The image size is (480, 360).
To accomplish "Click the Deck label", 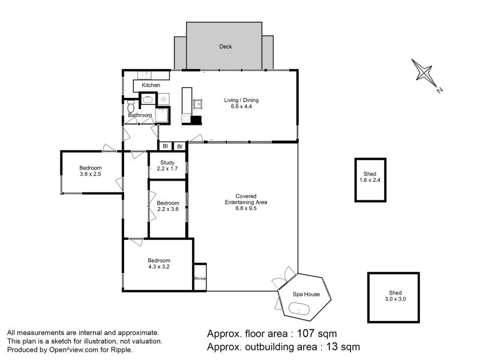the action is (x=226, y=47).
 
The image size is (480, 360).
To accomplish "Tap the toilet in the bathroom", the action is (x=131, y=106).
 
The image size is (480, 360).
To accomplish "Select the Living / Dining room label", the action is (x=241, y=100).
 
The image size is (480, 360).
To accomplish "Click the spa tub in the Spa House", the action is (x=299, y=308).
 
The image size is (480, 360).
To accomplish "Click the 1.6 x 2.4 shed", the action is (x=370, y=180).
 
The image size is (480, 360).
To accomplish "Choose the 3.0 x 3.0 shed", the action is (x=394, y=298).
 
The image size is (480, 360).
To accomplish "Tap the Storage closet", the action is (x=200, y=277).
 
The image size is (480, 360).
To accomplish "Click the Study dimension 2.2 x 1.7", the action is (x=167, y=169).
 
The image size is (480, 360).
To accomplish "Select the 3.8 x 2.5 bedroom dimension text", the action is (x=91, y=174).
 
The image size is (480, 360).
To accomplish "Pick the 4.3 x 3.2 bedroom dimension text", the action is (x=159, y=267).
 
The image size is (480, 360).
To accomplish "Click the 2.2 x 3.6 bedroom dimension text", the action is (x=168, y=209).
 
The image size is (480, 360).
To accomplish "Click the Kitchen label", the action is (x=151, y=85).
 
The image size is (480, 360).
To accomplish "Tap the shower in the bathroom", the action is (x=162, y=115).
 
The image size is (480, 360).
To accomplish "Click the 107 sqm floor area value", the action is (x=317, y=334).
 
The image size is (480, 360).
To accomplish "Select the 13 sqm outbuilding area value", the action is (x=343, y=347).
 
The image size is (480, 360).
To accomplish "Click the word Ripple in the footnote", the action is (x=121, y=350).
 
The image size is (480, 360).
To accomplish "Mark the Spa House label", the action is (x=306, y=295).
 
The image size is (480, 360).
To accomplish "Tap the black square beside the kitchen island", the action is (x=196, y=121).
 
